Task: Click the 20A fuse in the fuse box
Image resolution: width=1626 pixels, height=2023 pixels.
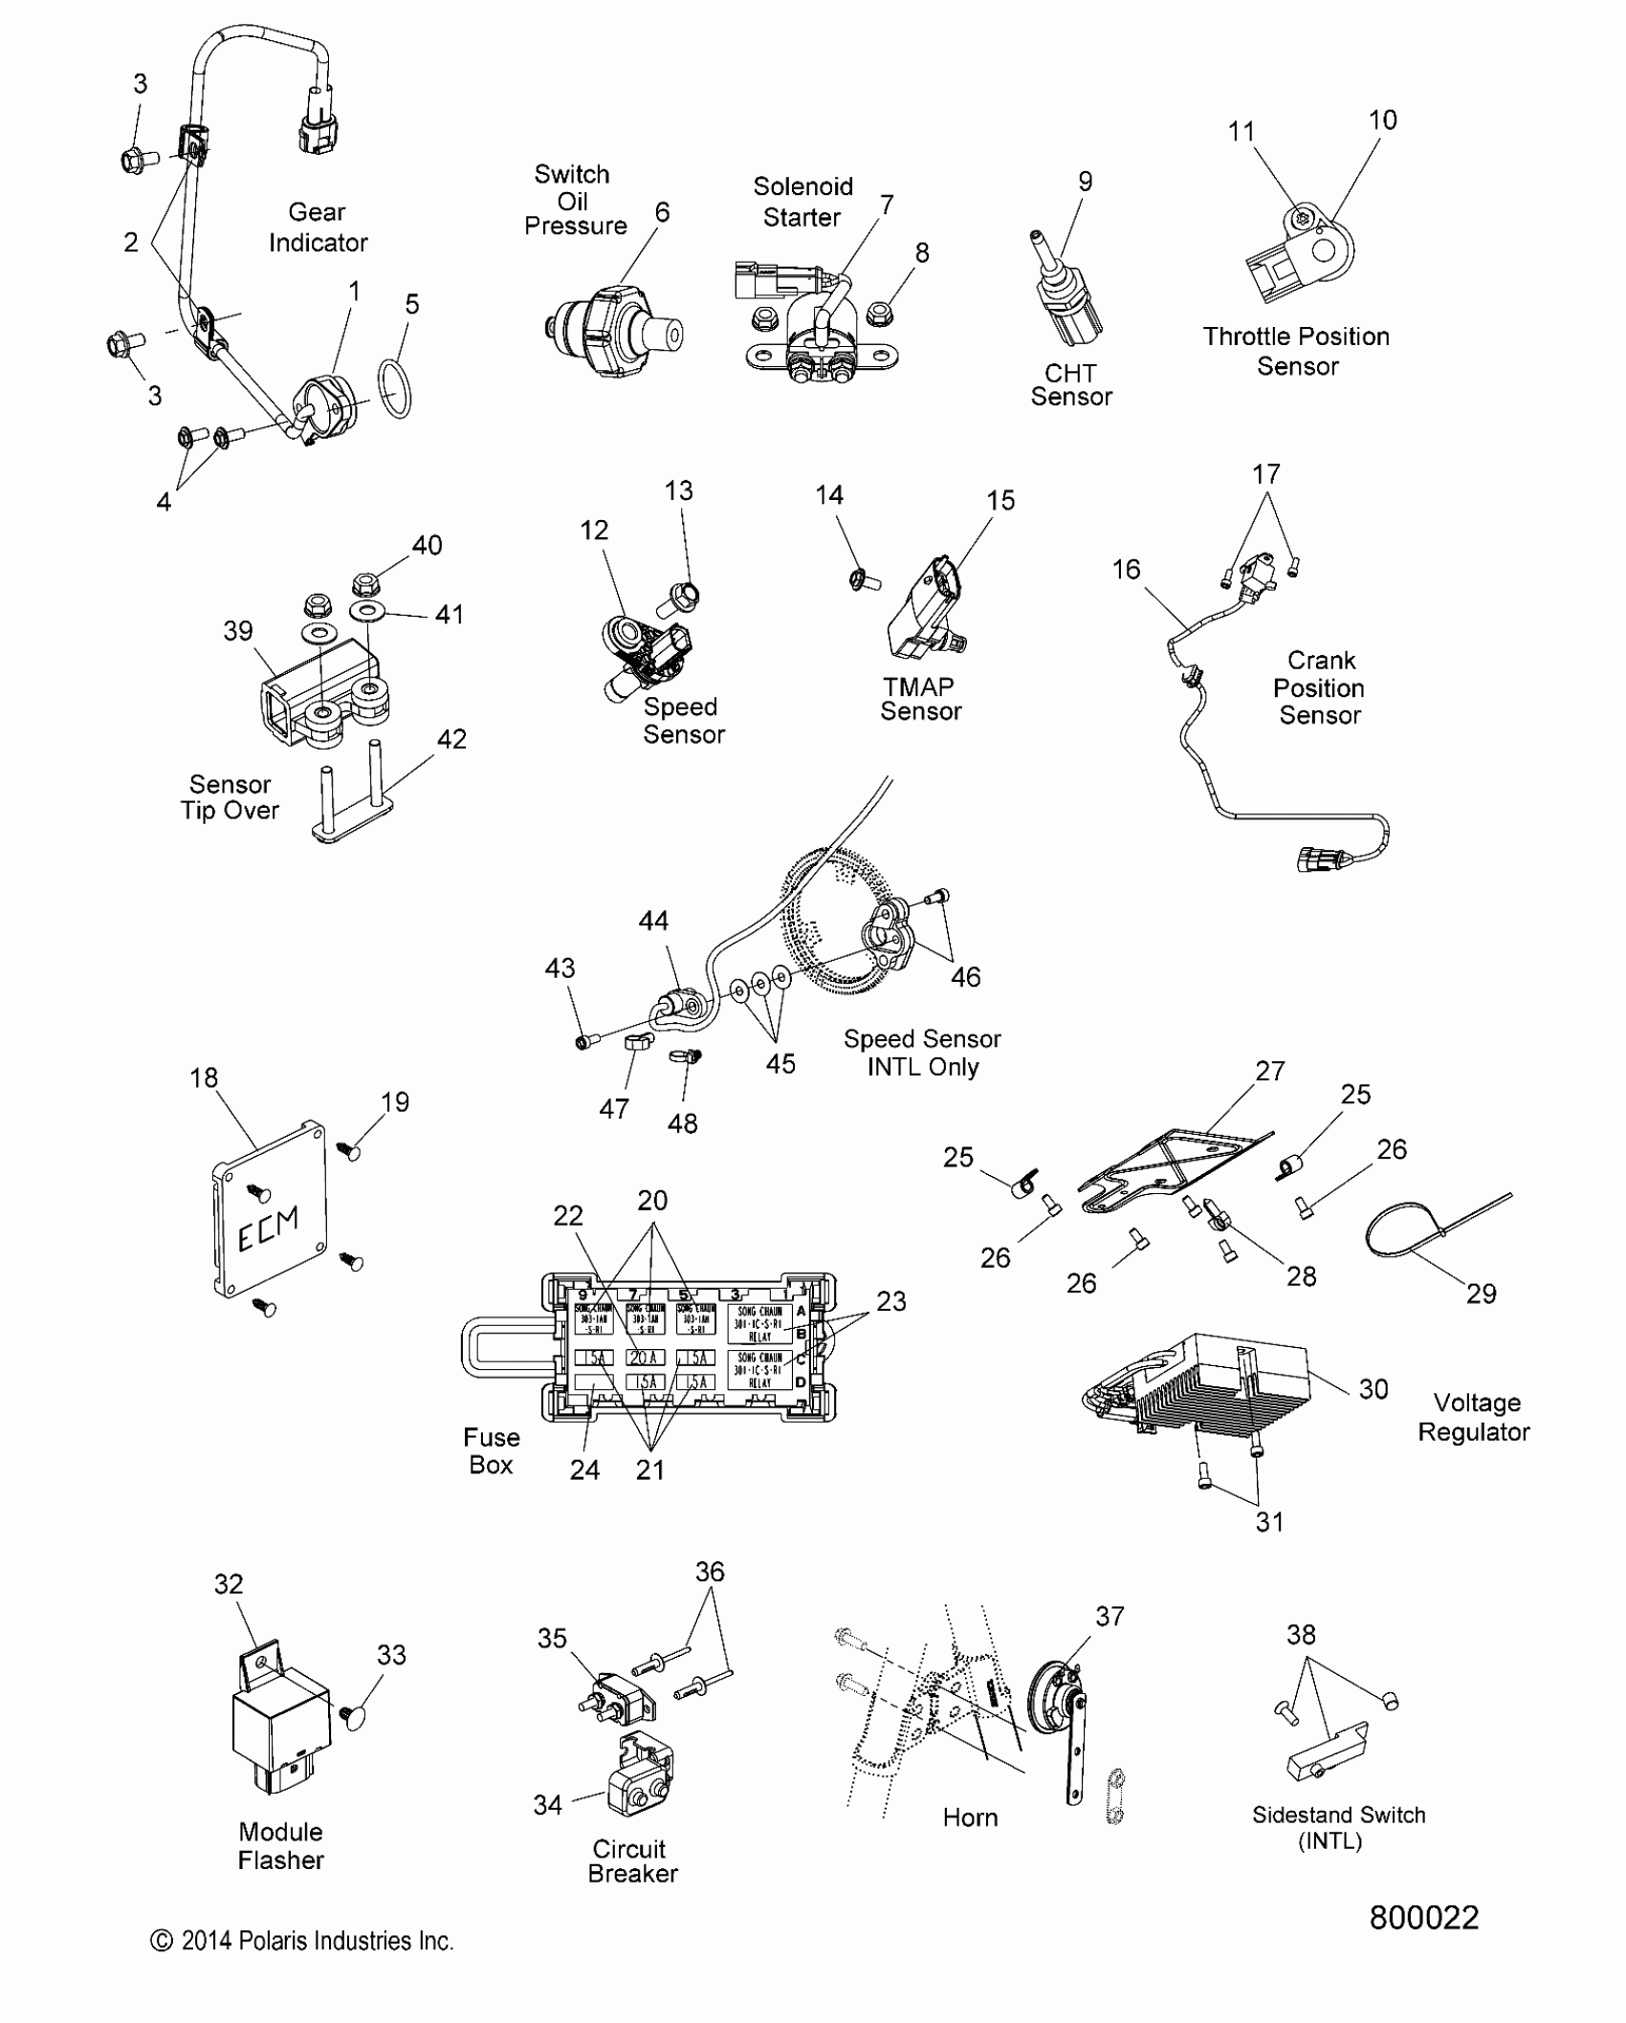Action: click(645, 1358)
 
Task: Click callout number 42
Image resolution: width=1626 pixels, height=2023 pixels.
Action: click(451, 739)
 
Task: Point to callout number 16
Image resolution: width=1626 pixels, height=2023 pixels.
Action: click(1126, 570)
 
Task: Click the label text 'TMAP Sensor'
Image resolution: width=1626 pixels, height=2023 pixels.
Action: click(920, 699)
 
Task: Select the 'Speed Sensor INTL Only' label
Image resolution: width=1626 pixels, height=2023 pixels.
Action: click(922, 1053)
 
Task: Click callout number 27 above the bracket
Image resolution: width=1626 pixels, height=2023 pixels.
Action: click(1269, 1071)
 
